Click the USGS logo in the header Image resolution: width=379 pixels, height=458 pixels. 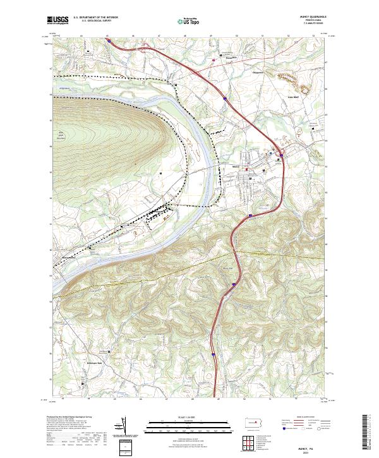pos(58,20)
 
